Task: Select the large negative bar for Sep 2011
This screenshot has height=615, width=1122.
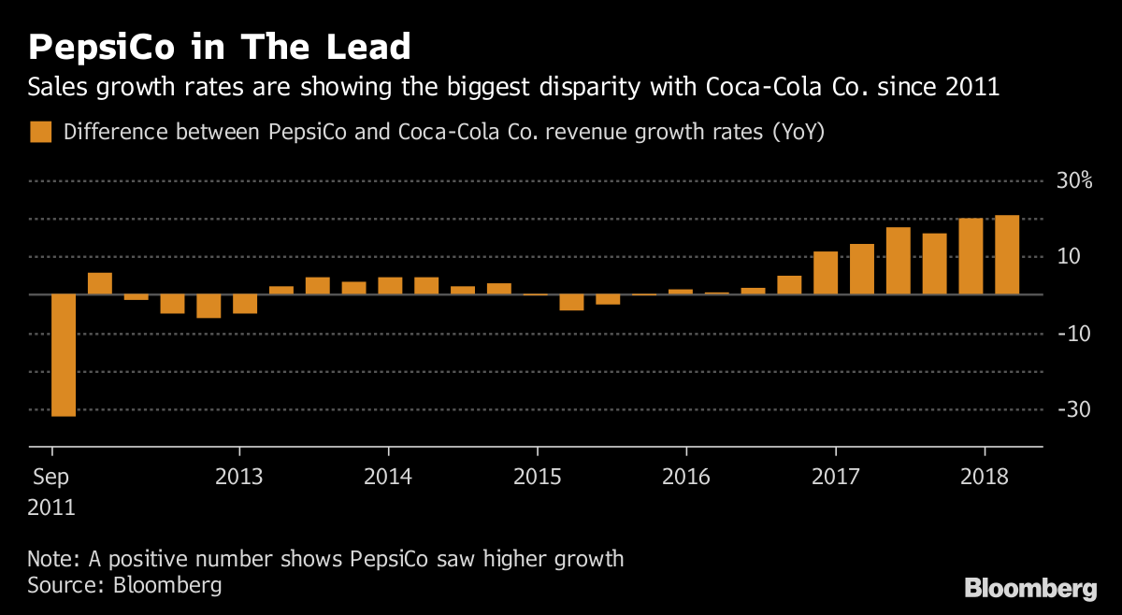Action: [x=64, y=355]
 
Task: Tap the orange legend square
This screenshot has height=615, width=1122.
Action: [x=40, y=132]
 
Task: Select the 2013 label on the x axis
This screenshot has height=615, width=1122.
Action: [x=238, y=477]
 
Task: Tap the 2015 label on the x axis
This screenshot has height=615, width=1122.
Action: [x=537, y=477]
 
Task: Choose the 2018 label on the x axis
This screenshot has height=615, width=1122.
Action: [x=985, y=477]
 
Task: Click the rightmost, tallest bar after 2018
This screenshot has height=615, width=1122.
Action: [x=1007, y=255]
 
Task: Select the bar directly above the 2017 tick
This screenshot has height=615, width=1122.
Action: [x=826, y=273]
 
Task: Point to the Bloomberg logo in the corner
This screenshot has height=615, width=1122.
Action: [x=1030, y=589]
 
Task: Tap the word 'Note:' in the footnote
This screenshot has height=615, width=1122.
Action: [x=54, y=560]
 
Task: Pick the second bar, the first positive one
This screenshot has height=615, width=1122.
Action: [x=100, y=283]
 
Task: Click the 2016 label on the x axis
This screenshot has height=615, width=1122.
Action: [x=686, y=477]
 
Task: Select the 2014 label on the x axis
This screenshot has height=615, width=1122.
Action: [x=388, y=477]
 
